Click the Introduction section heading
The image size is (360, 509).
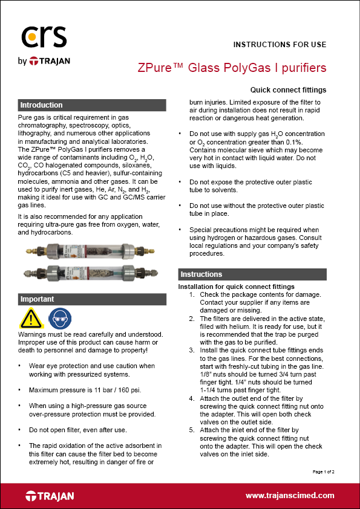pyautogui.click(x=41, y=105)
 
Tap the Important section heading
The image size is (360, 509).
pyautogui.click(x=37, y=299)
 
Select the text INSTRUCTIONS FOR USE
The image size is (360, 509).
pyautogui.click(x=280, y=44)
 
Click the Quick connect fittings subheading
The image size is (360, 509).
pyautogui.click(x=288, y=89)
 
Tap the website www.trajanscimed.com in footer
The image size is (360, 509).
pyautogui.click(x=289, y=495)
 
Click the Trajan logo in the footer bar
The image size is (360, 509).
pyautogui.click(x=50, y=496)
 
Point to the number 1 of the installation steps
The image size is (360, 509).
pyautogui.click(x=192, y=294)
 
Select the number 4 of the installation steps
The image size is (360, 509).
pyautogui.click(x=192, y=398)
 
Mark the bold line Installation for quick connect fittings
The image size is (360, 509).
pyautogui.click(x=236, y=286)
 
